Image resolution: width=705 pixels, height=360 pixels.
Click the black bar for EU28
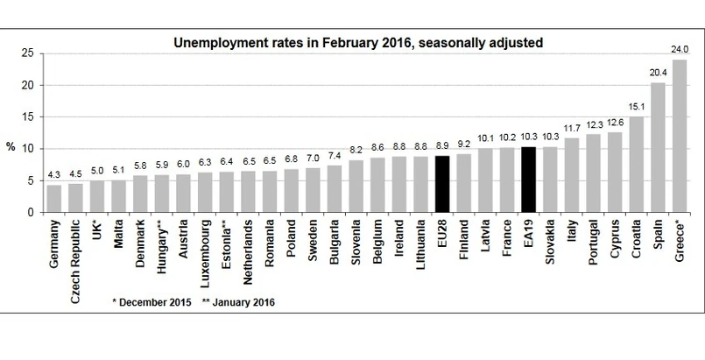pos(441,184)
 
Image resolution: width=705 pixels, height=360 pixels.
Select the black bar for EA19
pos(528,180)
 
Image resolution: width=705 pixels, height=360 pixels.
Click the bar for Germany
pos(54,199)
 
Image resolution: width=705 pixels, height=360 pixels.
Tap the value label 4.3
pos(54,176)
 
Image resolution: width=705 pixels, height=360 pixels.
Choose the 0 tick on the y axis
pos(32,213)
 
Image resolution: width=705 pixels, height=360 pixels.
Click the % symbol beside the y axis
pos(11,147)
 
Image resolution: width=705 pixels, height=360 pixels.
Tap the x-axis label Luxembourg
pos(206,253)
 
